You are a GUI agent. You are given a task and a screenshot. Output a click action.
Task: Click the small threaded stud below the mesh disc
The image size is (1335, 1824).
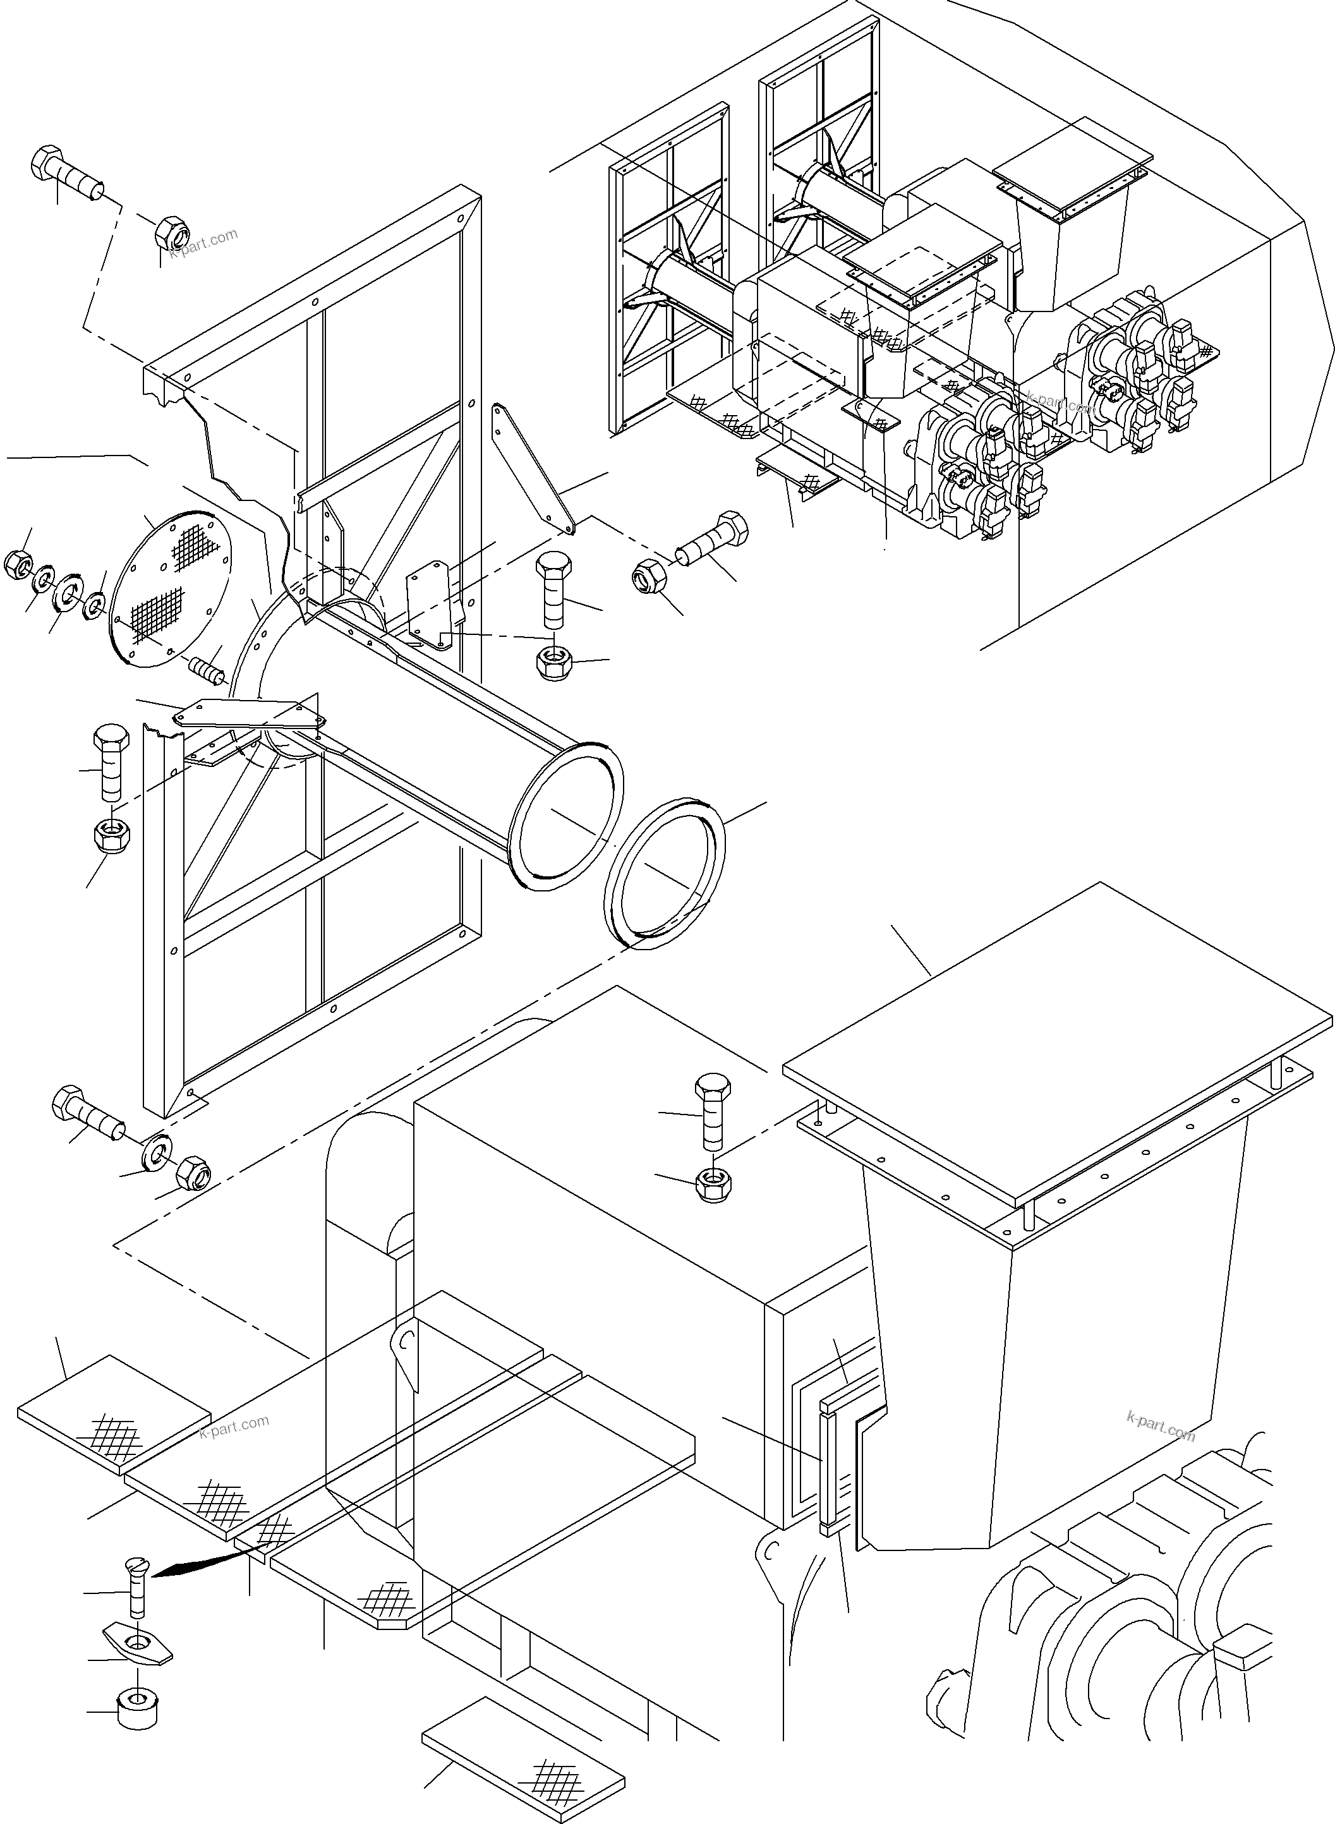(x=205, y=669)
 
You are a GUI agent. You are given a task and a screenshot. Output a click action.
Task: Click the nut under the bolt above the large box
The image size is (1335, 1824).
(x=712, y=1185)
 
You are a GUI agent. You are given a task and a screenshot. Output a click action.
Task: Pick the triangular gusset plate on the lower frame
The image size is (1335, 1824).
(x=251, y=711)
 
